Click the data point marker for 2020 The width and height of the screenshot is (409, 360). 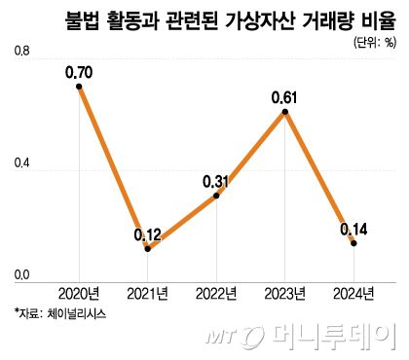[78, 86]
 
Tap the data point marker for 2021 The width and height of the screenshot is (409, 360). [147, 249]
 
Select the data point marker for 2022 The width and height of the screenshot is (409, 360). [215, 196]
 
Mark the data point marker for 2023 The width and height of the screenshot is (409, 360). [284, 112]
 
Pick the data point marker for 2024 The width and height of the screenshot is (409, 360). [353, 243]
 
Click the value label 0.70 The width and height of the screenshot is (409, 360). [78, 71]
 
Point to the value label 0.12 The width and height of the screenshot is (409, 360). [148, 234]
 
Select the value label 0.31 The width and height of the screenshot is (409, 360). [216, 181]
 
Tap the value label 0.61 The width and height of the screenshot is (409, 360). [285, 96]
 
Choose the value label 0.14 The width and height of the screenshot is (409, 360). [353, 229]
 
